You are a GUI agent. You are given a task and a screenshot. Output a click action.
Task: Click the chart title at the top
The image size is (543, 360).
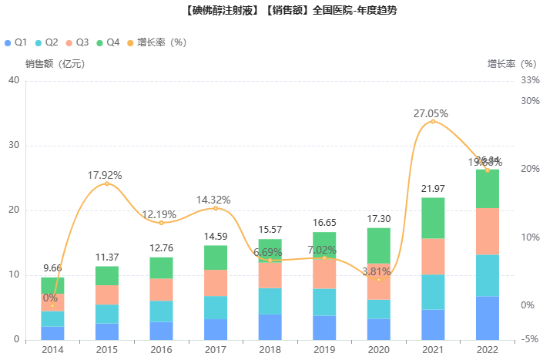click(x=270, y=11)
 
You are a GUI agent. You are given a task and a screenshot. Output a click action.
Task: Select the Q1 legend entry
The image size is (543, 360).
click(x=16, y=42)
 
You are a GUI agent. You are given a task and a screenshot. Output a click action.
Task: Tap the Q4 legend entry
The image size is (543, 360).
click(x=108, y=42)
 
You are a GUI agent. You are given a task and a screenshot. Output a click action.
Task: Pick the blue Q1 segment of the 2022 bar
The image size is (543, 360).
click(x=487, y=318)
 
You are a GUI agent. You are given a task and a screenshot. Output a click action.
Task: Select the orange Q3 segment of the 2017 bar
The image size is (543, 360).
click(x=216, y=283)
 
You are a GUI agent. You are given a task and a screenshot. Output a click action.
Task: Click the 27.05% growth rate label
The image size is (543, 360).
click(x=431, y=113)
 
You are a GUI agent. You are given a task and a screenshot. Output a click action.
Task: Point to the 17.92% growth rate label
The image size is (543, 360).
click(x=106, y=175)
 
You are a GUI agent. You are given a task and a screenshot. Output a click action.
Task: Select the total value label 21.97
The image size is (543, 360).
click(x=433, y=189)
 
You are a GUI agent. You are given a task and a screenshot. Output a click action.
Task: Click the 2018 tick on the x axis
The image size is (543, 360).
click(x=270, y=349)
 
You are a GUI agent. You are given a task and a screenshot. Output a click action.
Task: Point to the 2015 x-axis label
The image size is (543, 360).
click(x=106, y=349)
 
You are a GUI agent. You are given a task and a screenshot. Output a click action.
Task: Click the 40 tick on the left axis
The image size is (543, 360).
click(x=13, y=80)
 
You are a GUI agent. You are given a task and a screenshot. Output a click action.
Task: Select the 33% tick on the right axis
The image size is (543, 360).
click(x=531, y=80)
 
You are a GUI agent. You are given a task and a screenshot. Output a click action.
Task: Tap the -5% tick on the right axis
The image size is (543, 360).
click(x=530, y=339)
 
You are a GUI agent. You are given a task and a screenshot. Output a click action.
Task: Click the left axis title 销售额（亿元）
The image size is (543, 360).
click(x=55, y=64)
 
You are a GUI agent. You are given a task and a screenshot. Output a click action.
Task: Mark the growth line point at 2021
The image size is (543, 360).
click(x=433, y=121)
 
